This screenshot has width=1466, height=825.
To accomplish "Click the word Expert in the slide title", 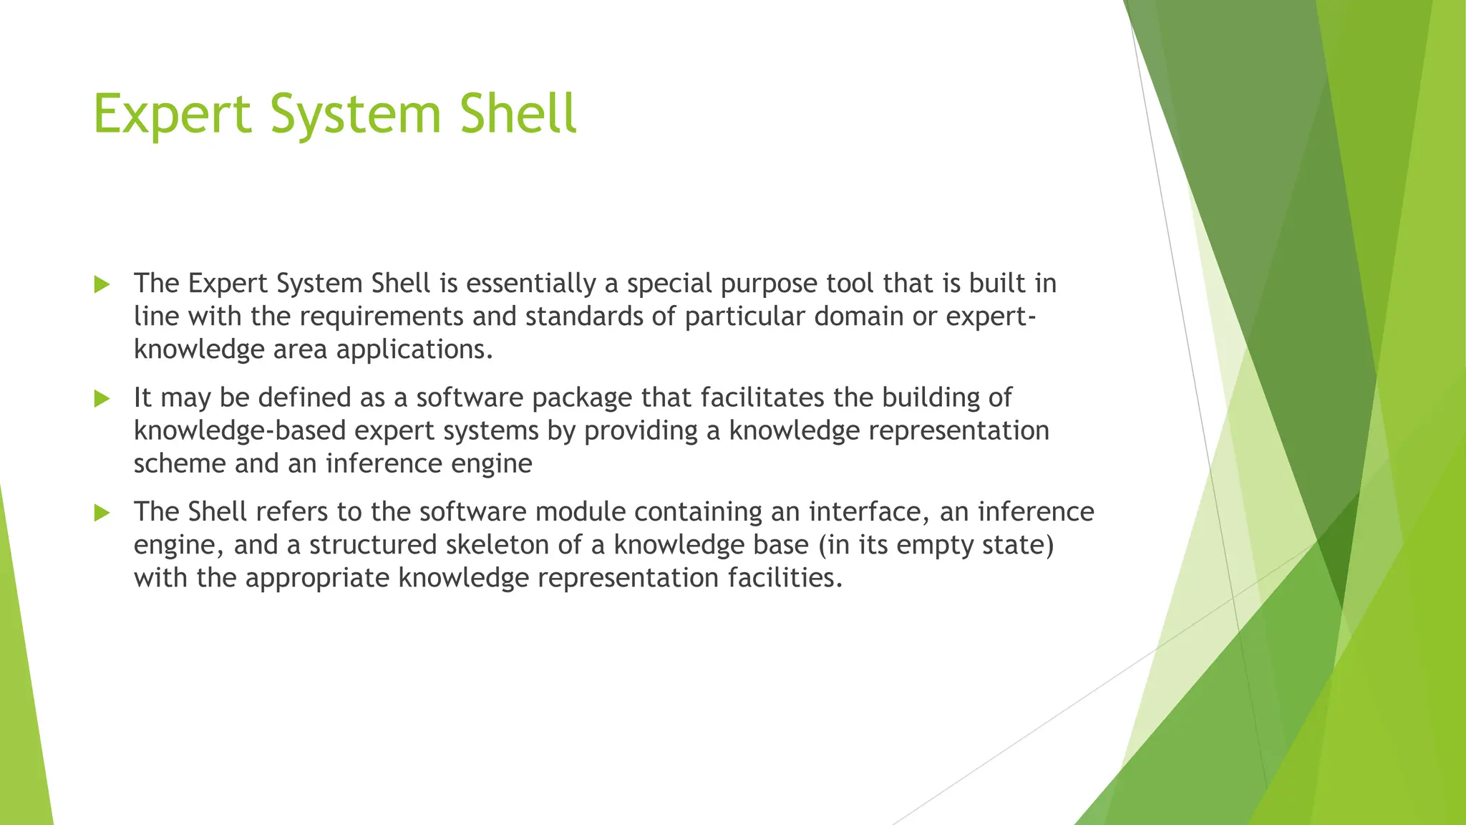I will tap(172, 115).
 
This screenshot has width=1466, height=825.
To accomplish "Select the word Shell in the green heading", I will tap(518, 115).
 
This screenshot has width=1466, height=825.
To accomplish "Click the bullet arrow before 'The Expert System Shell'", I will tap(102, 285).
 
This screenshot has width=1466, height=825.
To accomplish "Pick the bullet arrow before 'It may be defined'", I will tap(102, 399).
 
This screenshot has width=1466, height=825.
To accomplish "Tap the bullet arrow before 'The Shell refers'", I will tap(102, 513).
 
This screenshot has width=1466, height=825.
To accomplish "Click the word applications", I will tap(414, 349).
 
